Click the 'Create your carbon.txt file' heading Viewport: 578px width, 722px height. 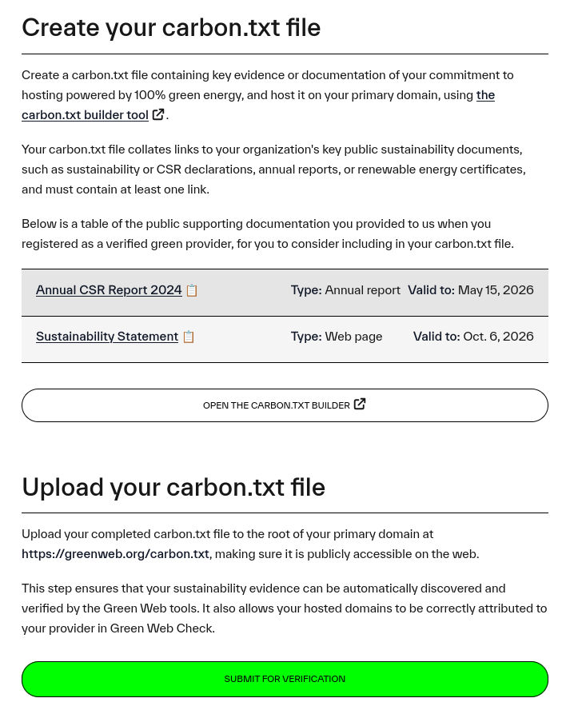click(x=171, y=28)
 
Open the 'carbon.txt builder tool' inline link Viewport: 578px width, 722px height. click(x=85, y=115)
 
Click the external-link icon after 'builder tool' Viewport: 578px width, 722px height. click(x=158, y=114)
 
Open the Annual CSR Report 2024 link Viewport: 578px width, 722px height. click(x=109, y=290)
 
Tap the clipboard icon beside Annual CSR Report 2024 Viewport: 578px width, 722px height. click(x=192, y=291)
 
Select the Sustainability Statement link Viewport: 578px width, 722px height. click(x=107, y=337)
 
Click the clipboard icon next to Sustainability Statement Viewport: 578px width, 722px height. click(x=189, y=337)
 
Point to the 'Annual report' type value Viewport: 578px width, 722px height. click(x=362, y=290)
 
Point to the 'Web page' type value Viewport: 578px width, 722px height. click(x=353, y=337)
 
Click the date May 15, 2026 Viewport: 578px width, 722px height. click(x=496, y=290)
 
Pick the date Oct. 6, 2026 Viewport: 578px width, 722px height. click(x=498, y=337)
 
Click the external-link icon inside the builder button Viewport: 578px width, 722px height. click(x=360, y=405)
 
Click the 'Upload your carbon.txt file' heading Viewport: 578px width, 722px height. click(x=173, y=487)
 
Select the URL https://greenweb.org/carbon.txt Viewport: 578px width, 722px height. click(x=115, y=554)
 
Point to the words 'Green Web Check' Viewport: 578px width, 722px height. click(x=161, y=628)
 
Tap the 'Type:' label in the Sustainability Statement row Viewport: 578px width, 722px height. click(x=306, y=337)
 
